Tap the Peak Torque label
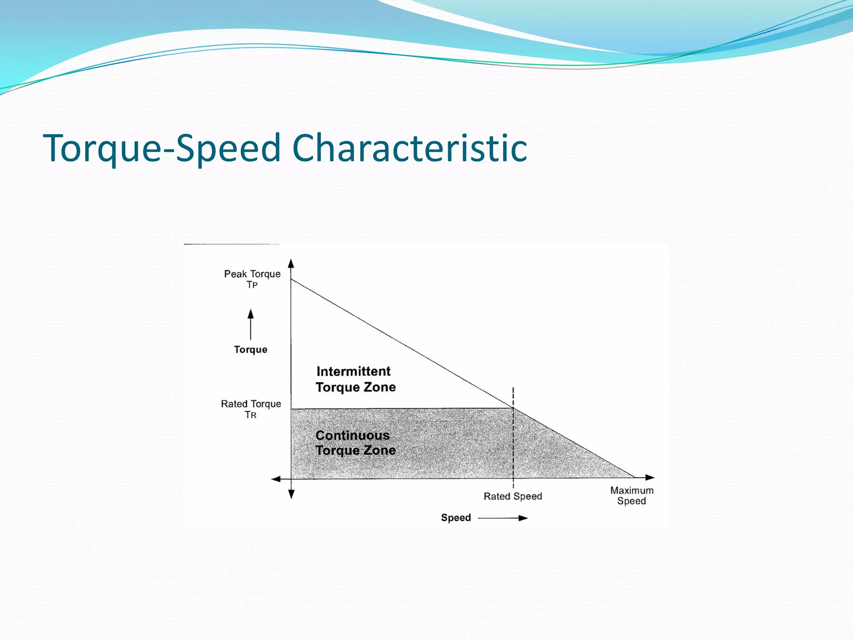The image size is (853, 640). pos(252,274)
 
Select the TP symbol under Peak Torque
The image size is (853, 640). pos(252,285)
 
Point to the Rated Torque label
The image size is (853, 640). pos(251,404)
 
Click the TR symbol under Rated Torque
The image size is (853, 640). pos(250,415)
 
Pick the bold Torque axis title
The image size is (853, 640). pos(250,350)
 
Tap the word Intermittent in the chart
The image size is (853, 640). pos(353,371)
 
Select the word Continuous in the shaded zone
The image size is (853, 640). pos(352,435)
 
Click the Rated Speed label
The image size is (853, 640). pos(513,496)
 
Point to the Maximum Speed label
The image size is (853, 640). pos(632,495)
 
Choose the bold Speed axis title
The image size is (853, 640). pos(456,518)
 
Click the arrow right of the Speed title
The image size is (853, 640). pos(503,518)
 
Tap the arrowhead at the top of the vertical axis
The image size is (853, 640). pos(291,263)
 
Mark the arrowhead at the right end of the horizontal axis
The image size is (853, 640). pos(650,477)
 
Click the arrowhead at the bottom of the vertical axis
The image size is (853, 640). pos(291,494)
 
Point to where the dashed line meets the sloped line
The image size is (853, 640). pos(513,407)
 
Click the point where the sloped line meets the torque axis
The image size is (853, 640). pos(291,279)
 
